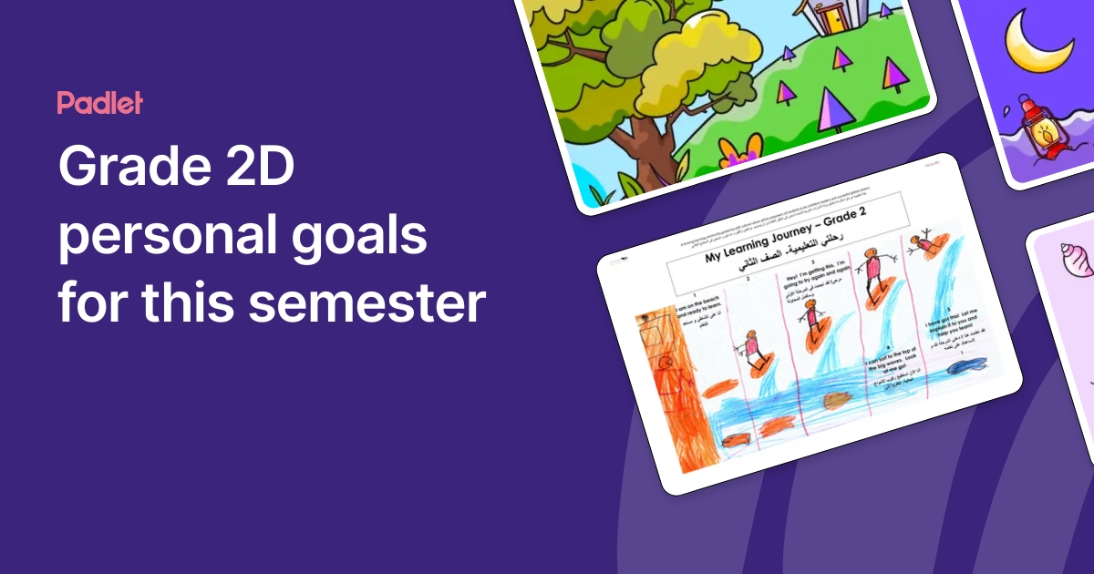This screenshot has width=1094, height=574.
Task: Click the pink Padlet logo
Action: tap(99, 103)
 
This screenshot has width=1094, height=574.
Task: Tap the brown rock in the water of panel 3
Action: tap(839, 400)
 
